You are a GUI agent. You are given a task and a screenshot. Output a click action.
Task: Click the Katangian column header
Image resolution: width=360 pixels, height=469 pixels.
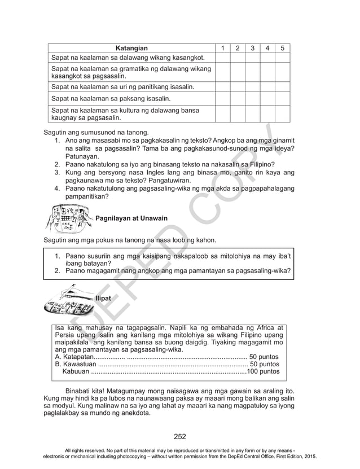(x=131, y=48)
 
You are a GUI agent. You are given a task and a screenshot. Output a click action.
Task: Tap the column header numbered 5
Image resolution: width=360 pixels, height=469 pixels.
(x=282, y=48)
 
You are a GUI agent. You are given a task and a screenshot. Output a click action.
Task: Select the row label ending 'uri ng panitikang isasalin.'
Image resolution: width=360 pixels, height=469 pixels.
(x=122, y=87)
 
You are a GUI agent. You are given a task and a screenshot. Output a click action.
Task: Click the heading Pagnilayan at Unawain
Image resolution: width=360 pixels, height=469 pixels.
(x=131, y=218)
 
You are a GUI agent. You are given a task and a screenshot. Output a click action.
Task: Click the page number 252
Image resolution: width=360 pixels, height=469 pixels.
(x=180, y=436)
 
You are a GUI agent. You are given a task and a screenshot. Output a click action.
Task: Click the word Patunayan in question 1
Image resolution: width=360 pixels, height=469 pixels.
(x=82, y=156)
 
